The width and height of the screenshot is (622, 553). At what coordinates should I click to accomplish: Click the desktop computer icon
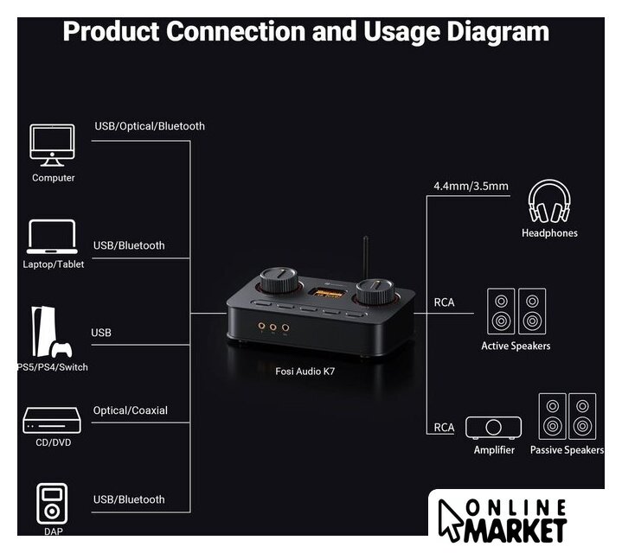tap(53, 144)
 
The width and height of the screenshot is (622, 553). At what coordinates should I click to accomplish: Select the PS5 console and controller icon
tap(50, 333)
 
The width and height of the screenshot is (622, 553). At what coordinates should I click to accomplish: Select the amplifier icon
tap(493, 427)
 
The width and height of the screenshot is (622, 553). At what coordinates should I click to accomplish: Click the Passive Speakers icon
tap(567, 416)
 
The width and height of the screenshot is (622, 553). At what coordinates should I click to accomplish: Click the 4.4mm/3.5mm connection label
tap(471, 186)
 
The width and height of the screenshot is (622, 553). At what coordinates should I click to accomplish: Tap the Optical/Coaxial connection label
tap(131, 410)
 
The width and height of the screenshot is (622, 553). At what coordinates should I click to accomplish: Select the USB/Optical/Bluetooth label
tap(150, 126)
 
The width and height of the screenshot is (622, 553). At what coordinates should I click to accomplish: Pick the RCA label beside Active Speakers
tap(444, 302)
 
